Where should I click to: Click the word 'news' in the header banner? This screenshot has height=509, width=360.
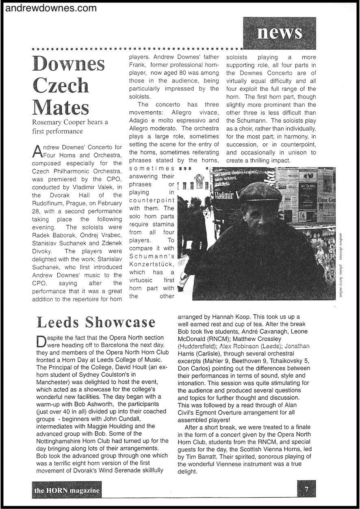[279, 32]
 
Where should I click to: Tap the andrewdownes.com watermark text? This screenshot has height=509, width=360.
[51, 8]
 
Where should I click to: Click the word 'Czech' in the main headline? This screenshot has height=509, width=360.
[61, 85]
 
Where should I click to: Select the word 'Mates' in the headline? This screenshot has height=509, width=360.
[61, 107]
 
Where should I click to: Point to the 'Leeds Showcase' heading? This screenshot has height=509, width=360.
[96, 322]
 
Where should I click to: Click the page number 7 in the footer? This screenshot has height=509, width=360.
[307, 490]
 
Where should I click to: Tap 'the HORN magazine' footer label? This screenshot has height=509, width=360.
[67, 491]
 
